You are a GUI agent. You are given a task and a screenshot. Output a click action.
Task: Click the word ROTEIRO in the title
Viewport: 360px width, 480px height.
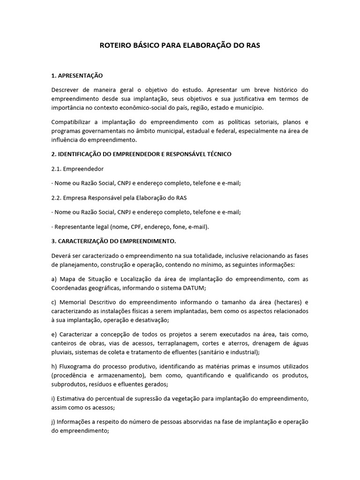coord(115,46)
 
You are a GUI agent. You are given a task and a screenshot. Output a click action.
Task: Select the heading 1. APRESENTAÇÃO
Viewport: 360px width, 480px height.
coord(77,75)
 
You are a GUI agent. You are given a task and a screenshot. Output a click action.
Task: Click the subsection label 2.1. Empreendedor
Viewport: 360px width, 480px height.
coord(78,168)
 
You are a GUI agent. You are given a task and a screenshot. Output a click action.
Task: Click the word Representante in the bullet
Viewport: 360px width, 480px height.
coord(75,226)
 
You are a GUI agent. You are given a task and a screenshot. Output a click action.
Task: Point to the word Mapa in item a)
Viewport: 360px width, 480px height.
coord(66,279)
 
